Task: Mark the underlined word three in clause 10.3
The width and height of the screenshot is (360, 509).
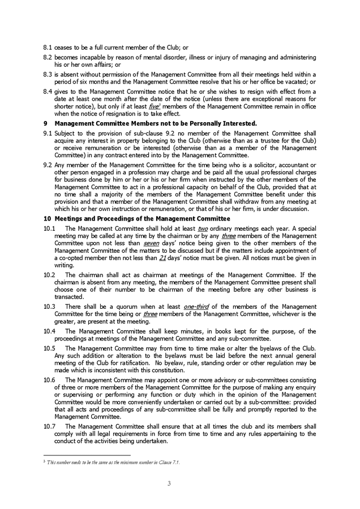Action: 150,313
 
